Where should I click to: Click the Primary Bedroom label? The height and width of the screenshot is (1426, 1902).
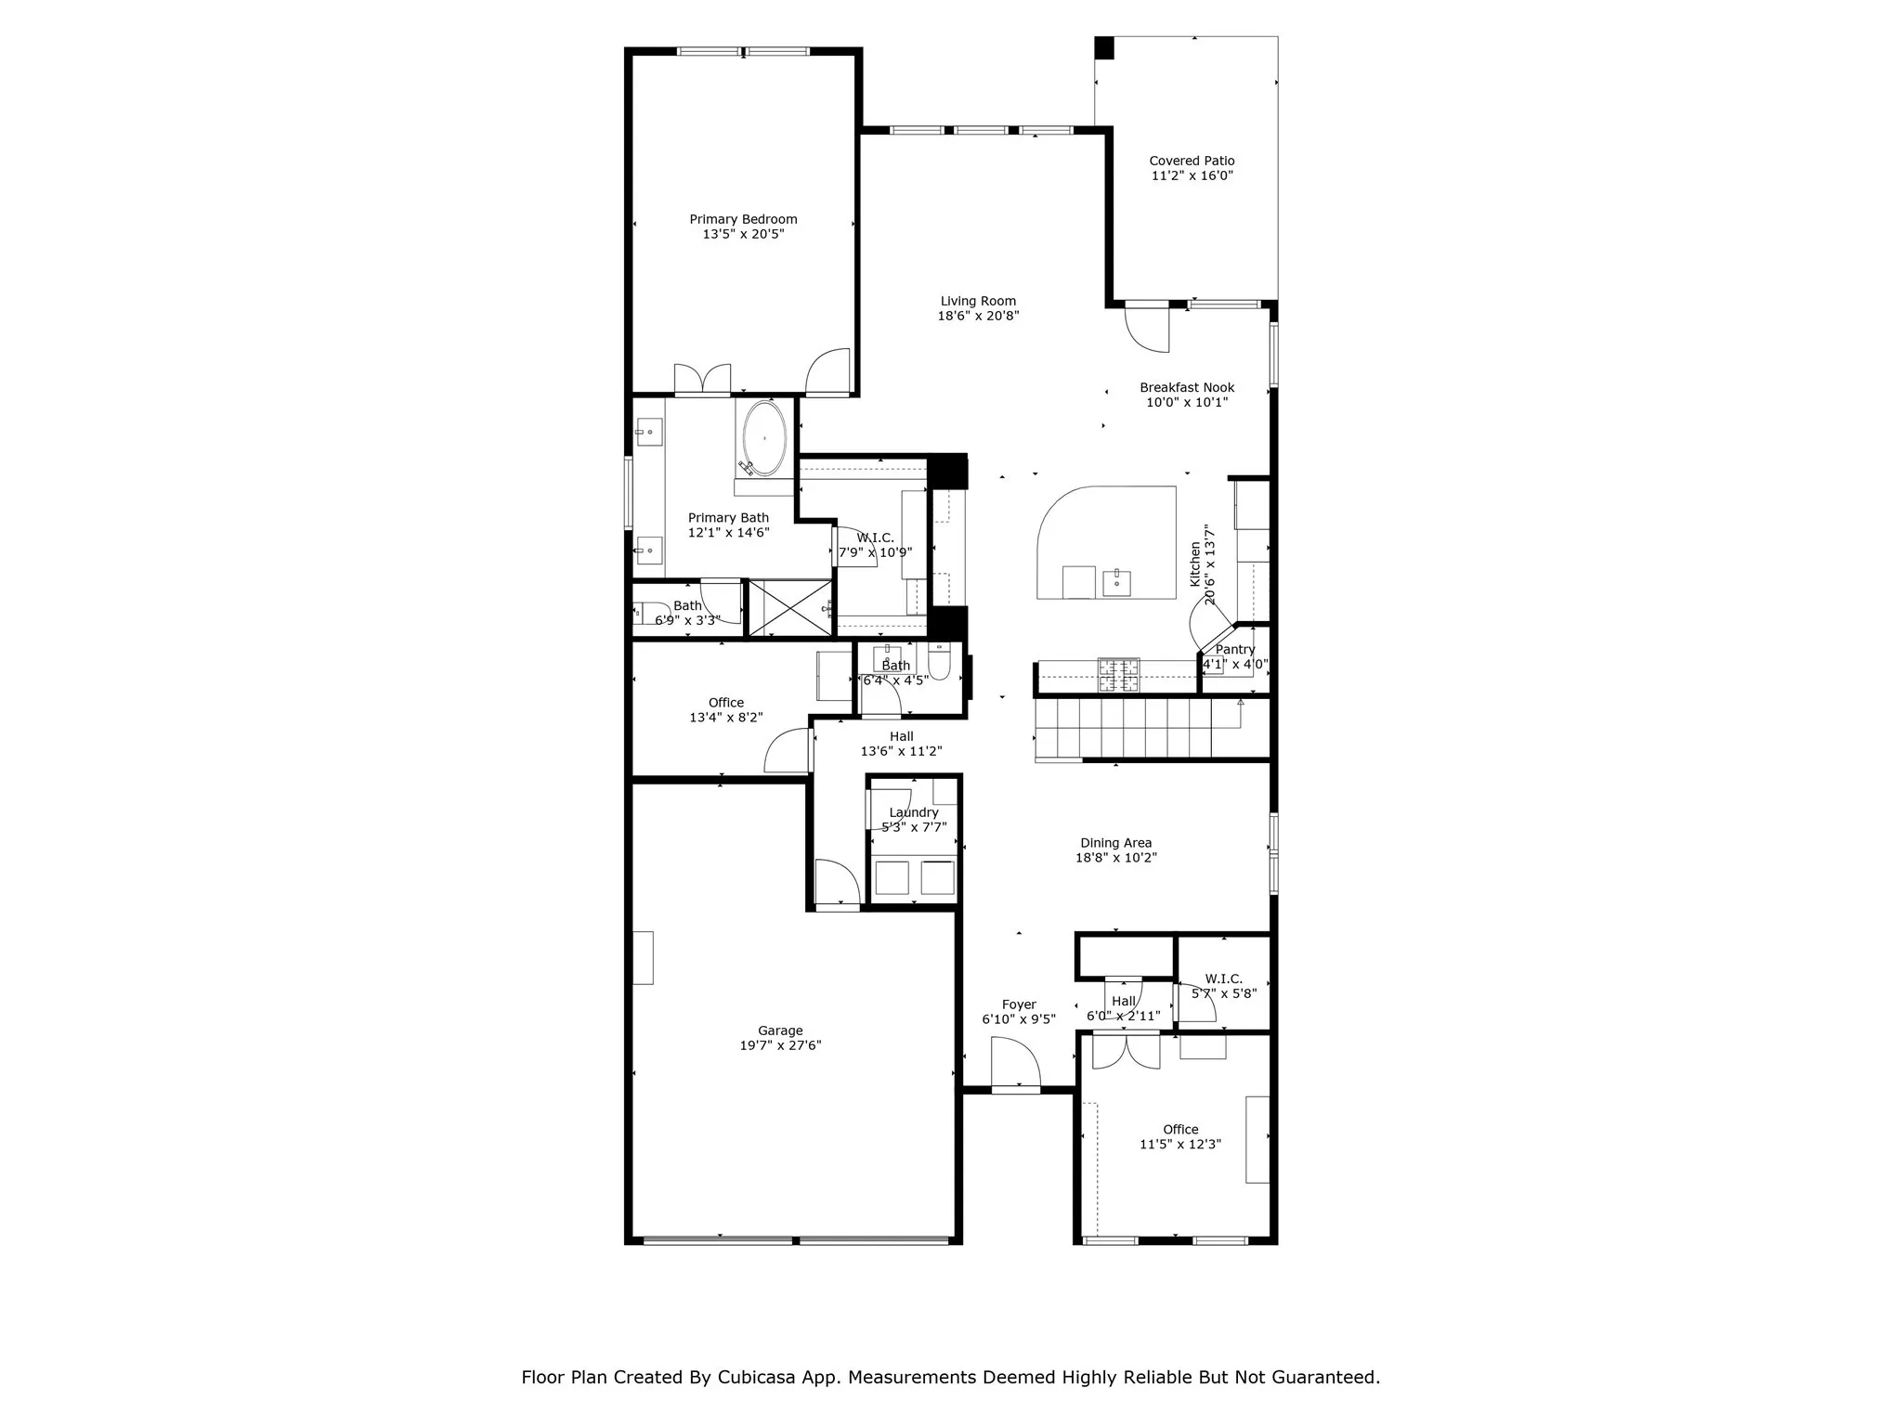point(743,219)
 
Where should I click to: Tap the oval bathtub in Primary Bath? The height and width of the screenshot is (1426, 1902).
point(764,438)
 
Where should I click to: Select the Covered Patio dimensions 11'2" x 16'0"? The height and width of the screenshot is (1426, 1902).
point(1192,175)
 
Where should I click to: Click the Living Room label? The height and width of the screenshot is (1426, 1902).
point(978,301)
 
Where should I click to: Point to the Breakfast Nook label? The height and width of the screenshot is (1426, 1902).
point(1187,387)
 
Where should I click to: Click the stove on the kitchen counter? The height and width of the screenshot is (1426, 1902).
point(1118,675)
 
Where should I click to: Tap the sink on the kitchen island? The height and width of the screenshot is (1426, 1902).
point(1116,582)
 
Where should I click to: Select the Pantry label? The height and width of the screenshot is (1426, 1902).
point(1235,650)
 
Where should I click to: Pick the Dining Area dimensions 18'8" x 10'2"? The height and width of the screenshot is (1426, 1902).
point(1115,858)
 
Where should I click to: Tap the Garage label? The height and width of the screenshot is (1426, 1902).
point(780,1031)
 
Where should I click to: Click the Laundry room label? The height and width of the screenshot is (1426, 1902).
point(914,812)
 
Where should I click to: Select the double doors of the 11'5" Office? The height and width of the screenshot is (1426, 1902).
point(1126,1052)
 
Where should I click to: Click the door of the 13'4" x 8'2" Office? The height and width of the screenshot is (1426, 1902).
point(788,752)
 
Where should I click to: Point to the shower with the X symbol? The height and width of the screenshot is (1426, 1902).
point(790,608)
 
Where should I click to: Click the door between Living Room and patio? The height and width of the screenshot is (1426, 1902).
point(1148,327)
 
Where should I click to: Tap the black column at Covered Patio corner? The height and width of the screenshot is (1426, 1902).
point(1103,47)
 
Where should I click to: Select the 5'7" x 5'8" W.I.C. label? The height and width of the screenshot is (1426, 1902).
point(1223,979)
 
